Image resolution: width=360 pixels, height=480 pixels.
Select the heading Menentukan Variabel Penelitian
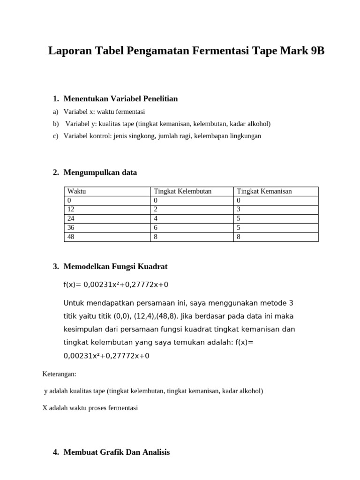click(120, 99)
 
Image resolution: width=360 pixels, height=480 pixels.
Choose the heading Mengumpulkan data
click(100, 172)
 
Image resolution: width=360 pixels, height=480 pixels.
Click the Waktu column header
click(77, 191)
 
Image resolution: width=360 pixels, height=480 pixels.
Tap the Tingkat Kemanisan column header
click(264, 191)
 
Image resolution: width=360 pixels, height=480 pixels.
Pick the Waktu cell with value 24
click(71, 218)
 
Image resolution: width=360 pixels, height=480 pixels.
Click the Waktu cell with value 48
click(71, 237)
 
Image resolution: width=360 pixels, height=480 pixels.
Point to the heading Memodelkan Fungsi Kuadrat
click(115, 267)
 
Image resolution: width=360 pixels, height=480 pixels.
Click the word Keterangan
click(59, 374)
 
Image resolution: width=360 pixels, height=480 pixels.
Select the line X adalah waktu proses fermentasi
click(90, 408)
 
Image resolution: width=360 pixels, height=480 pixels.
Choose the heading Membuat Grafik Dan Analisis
click(117, 452)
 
